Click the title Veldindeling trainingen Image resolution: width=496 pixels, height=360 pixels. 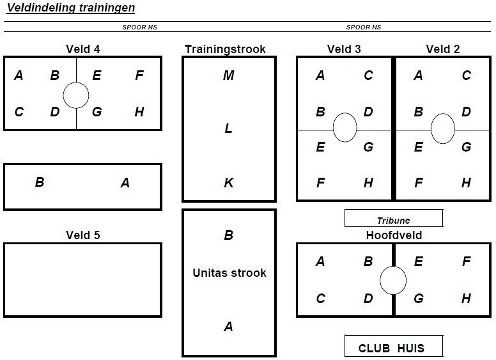tap(71, 8)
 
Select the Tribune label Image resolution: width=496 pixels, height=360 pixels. tap(394, 221)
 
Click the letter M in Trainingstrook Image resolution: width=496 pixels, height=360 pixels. tap(229, 75)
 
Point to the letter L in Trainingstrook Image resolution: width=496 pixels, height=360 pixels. tap(228, 129)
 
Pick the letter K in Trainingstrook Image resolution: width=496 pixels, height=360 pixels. tap(229, 182)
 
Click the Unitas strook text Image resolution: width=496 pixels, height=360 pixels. tap(229, 272)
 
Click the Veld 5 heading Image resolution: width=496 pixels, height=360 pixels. tap(83, 235)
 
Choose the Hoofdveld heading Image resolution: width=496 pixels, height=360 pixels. tap(394, 235)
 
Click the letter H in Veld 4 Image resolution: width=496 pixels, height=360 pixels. tap(139, 112)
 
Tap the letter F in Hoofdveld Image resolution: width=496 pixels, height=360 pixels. tap(466, 262)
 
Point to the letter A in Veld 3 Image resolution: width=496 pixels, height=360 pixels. tap(320, 75)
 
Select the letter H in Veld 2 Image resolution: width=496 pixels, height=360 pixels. tap(466, 182)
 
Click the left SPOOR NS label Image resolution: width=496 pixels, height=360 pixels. tap(139, 27)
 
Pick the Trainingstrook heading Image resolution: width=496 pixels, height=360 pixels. tap(225, 49)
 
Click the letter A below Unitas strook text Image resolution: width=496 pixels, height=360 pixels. tap(228, 327)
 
